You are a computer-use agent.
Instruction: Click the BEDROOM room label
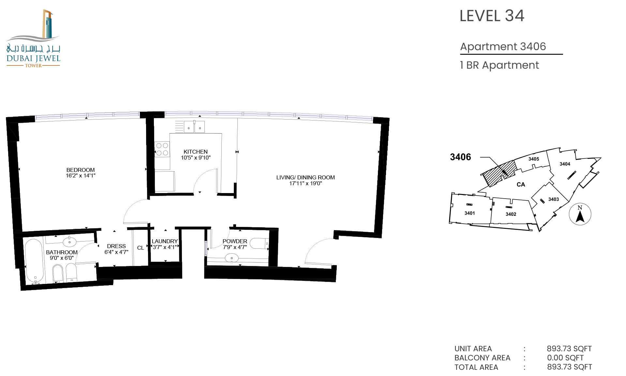pyautogui.click(x=81, y=170)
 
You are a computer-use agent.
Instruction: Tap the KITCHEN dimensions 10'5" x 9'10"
pyautogui.click(x=196, y=158)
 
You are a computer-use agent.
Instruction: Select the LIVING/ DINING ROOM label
pyautogui.click(x=306, y=177)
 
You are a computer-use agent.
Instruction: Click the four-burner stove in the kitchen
pyautogui.click(x=162, y=149)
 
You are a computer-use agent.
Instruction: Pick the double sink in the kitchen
pyautogui.click(x=194, y=127)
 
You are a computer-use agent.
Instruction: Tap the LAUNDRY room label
pyautogui.click(x=165, y=241)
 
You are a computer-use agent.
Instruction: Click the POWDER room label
pyautogui.click(x=235, y=241)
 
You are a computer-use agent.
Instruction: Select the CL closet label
pyautogui.click(x=141, y=248)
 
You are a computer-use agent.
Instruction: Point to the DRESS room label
pyautogui.click(x=116, y=246)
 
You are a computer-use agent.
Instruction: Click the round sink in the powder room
pyautogui.click(x=232, y=258)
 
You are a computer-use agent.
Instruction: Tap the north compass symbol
pyautogui.click(x=580, y=214)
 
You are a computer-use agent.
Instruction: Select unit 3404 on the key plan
pyautogui.click(x=565, y=164)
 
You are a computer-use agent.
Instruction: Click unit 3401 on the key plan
pyautogui.click(x=469, y=213)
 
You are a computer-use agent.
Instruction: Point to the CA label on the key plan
pyautogui.click(x=521, y=185)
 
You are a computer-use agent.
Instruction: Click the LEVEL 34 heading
pyautogui.click(x=492, y=16)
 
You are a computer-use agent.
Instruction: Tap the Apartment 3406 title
pyautogui.click(x=503, y=47)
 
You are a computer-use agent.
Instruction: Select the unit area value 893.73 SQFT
pyautogui.click(x=569, y=349)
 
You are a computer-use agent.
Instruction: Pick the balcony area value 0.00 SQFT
pyautogui.click(x=565, y=358)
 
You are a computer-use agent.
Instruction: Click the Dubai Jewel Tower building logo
pyautogui.click(x=33, y=38)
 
